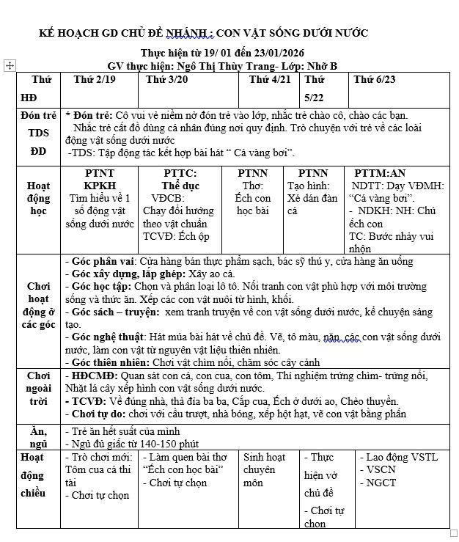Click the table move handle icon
coord(10,66)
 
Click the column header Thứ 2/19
coord(95,80)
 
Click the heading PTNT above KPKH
coord(100,174)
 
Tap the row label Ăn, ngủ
coord(38,437)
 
